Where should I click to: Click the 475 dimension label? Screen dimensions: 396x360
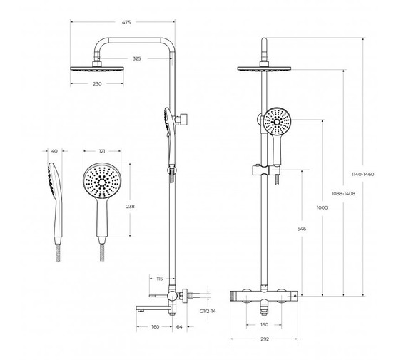126,22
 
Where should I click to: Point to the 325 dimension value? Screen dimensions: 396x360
136,58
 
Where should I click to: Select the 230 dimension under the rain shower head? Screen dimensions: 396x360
97,83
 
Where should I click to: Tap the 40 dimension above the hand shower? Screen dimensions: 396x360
54,151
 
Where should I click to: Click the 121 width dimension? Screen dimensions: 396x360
102,151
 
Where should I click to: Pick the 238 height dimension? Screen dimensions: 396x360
131,206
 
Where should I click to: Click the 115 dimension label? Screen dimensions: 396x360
160,279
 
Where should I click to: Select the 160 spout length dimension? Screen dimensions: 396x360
156,327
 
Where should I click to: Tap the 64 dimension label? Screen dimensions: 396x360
179,327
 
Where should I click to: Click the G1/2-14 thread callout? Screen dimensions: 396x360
208,311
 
